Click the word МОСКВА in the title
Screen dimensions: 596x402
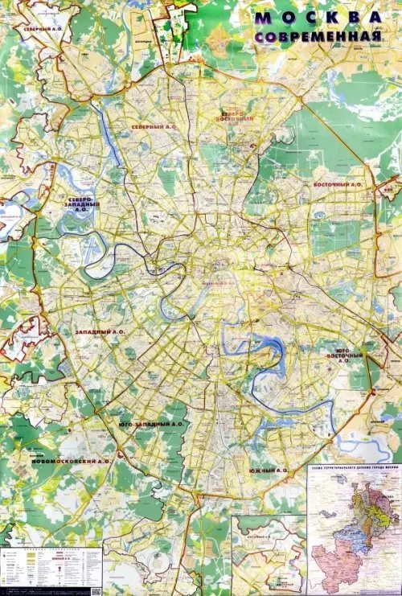tap(318, 18)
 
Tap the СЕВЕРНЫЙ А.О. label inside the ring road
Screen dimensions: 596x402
tap(155, 127)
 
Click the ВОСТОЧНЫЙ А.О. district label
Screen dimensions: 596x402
tap(337, 184)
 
